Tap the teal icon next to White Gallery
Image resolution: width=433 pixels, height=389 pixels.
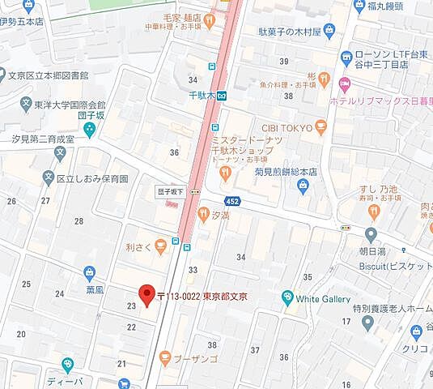click(x=286, y=298)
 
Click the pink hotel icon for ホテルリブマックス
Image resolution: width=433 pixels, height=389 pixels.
click(x=345, y=84)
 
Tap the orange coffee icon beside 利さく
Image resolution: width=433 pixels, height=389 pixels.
click(x=160, y=243)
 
